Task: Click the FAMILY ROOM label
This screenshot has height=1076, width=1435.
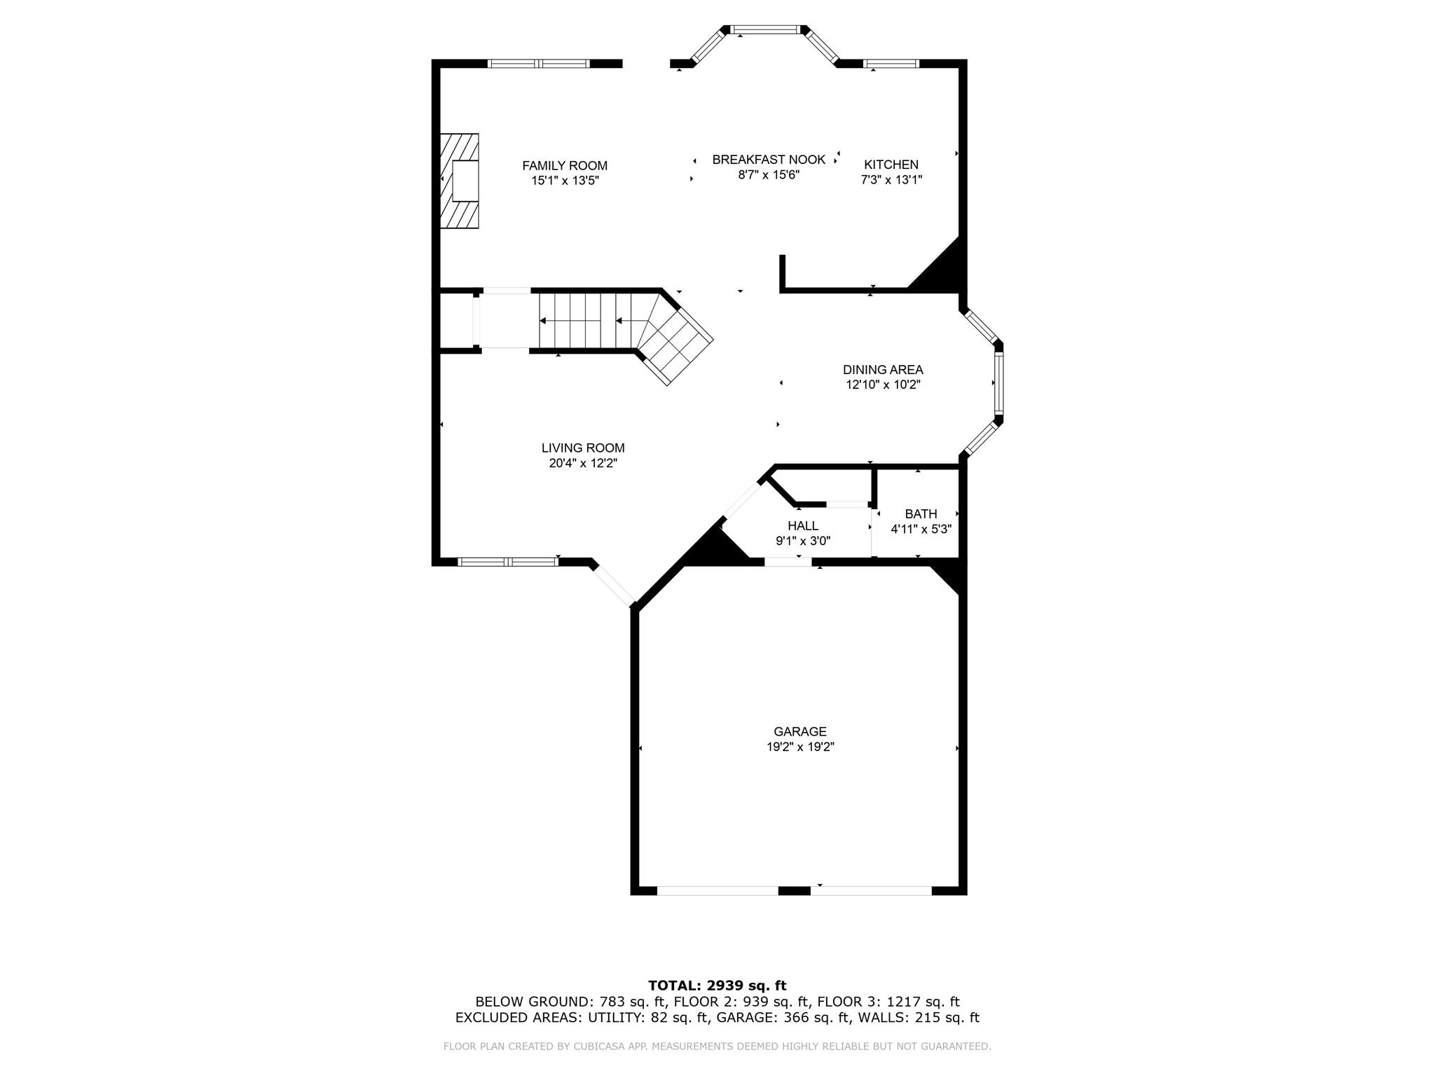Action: pos(564,165)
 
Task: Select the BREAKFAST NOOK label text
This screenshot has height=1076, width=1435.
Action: pos(769,160)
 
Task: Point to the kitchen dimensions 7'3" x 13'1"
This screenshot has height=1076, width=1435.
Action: pos(891,180)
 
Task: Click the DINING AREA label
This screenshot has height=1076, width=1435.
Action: pos(882,369)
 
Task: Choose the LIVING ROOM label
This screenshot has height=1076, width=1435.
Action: pos(582,448)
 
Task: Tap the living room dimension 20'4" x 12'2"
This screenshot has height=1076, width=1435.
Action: pos(582,463)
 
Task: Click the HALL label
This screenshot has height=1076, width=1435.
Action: pos(802,525)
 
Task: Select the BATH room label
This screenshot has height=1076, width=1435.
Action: pos(920,513)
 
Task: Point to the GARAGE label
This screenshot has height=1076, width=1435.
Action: pos(799,731)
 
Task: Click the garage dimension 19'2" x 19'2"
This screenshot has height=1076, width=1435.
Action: pos(799,747)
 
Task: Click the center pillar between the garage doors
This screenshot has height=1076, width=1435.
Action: pos(794,890)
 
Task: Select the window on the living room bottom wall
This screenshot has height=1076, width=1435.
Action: pos(507,561)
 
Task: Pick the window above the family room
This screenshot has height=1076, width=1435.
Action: pos(538,64)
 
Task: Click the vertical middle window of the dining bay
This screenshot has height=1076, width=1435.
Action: pos(998,383)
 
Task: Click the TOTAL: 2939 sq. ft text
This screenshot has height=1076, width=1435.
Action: pos(717,986)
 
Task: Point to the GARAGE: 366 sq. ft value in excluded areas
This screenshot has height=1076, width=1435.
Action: pos(790,1018)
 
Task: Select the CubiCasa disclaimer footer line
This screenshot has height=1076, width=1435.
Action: pos(717,1047)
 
